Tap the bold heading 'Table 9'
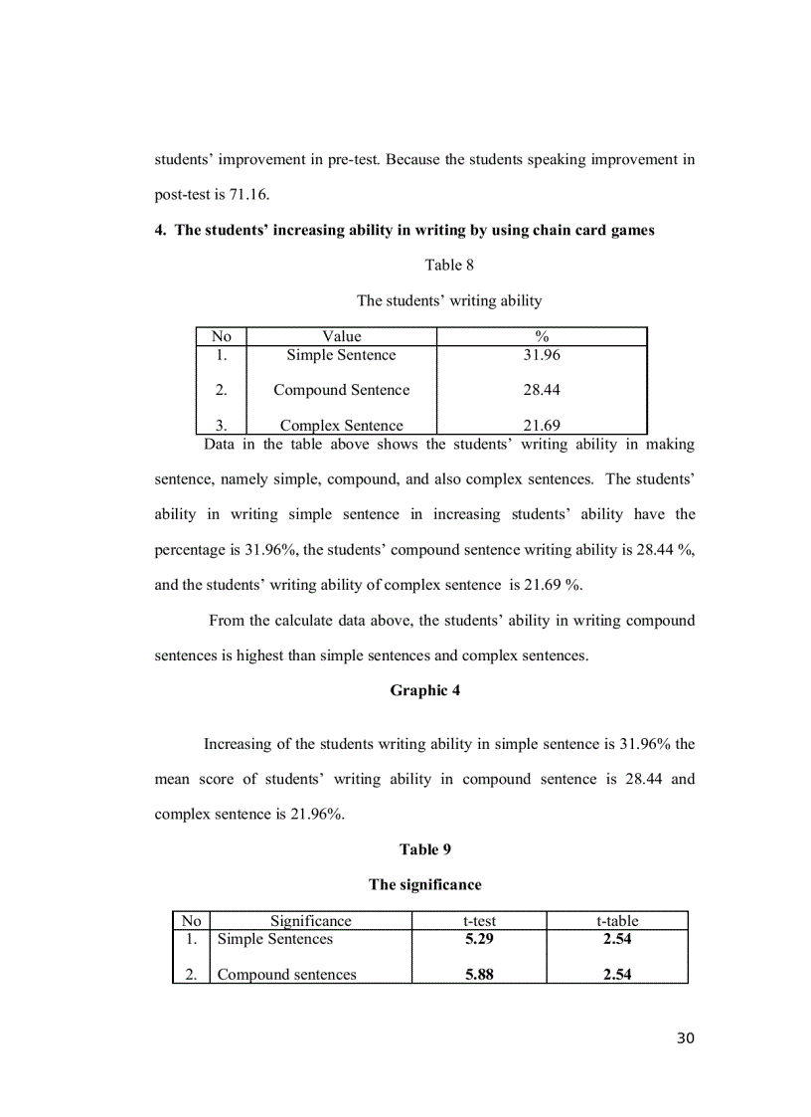click(x=424, y=848)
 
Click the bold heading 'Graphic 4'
click(x=424, y=690)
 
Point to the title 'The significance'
click(x=424, y=884)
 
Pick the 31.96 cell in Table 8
click(x=542, y=355)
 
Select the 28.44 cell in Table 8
click(x=542, y=390)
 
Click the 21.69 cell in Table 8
click(x=542, y=426)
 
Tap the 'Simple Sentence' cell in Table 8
click(x=341, y=355)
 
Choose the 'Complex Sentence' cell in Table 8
click(x=341, y=426)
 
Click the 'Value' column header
click(x=341, y=336)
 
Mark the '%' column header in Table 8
click(x=542, y=336)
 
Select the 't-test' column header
click(x=479, y=921)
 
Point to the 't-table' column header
click(x=616, y=921)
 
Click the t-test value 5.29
click(x=479, y=939)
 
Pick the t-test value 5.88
click(x=479, y=975)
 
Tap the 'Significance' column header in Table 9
click(x=310, y=921)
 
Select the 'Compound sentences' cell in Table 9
click(x=286, y=975)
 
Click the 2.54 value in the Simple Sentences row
click(x=616, y=939)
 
